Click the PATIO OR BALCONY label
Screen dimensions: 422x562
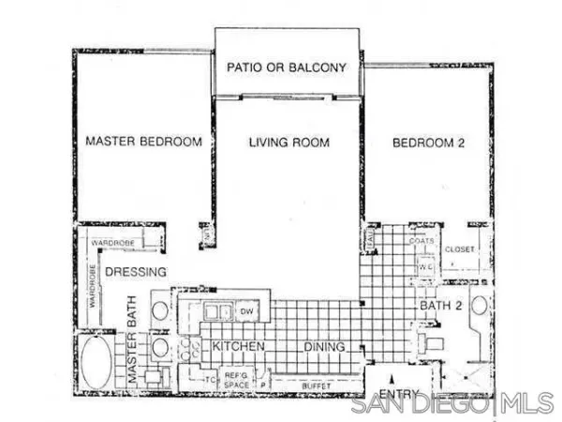click(288, 68)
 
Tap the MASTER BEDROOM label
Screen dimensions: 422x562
click(143, 143)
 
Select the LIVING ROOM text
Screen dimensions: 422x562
click(289, 143)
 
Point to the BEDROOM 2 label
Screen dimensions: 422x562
click(428, 143)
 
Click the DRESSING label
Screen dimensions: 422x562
click(135, 272)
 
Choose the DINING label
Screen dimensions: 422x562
click(325, 347)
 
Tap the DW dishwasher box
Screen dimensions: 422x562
click(248, 310)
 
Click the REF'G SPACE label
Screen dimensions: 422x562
click(235, 380)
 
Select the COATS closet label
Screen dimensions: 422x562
click(420, 241)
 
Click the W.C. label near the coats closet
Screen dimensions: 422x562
click(423, 265)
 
